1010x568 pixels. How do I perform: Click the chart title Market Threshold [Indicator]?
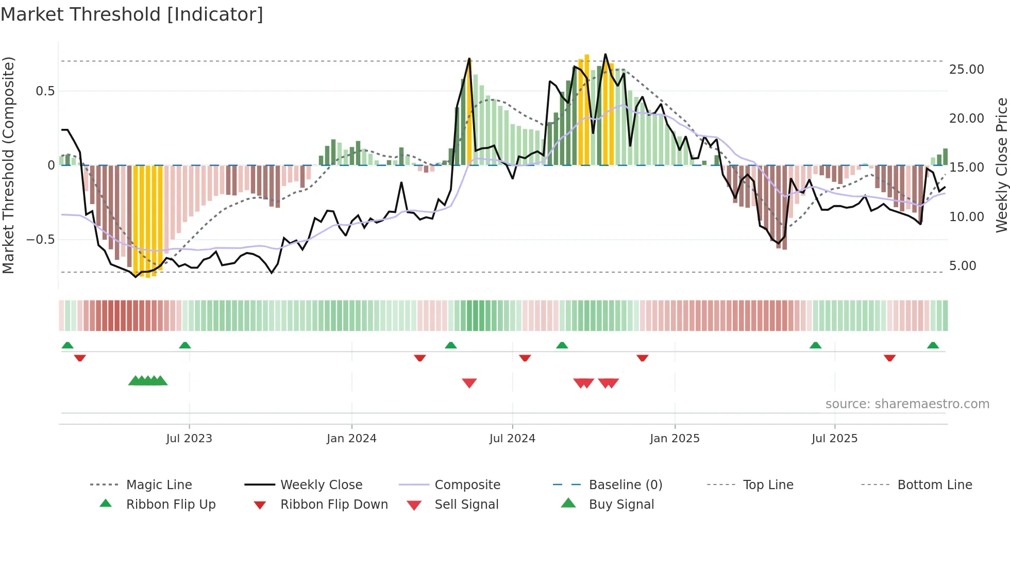132,14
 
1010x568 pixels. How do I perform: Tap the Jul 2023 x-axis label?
189,439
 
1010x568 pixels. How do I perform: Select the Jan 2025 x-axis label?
675,439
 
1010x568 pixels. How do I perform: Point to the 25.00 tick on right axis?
966,70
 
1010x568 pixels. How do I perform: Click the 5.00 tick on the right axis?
963,266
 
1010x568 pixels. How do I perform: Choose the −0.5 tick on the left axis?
40,240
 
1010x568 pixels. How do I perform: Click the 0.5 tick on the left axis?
45,91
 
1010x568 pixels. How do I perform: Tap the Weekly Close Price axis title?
1001,165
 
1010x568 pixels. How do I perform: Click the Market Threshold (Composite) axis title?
8,165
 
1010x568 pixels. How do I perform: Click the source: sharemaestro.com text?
907,404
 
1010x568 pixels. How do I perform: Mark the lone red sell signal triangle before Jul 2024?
469,382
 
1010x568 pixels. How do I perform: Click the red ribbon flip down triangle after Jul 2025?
889,358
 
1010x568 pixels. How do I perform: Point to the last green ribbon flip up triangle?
933,345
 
